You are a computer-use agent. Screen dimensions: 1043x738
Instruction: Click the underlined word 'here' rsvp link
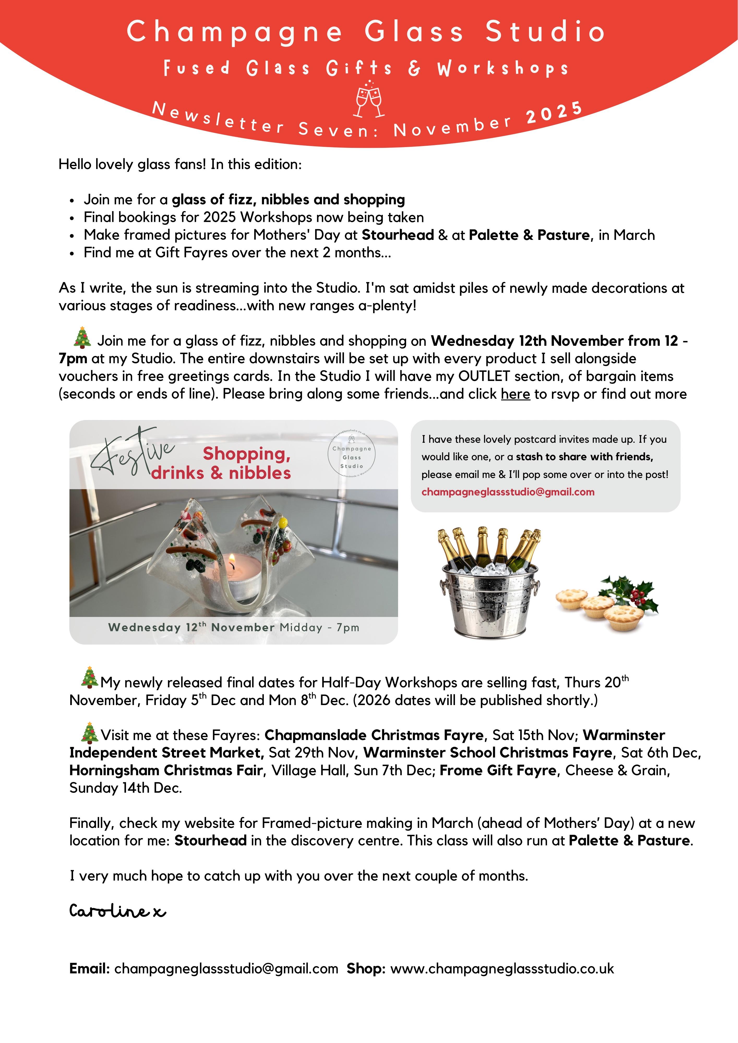[515, 394]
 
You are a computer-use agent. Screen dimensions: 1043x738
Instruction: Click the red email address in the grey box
[508, 492]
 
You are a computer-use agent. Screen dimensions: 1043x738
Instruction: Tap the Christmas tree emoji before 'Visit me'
[89, 732]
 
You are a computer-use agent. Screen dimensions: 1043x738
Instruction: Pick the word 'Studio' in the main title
[545, 32]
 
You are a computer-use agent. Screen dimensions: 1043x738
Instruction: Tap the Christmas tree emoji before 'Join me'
[82, 337]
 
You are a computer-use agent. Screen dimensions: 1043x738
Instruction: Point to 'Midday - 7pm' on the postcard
[319, 628]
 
